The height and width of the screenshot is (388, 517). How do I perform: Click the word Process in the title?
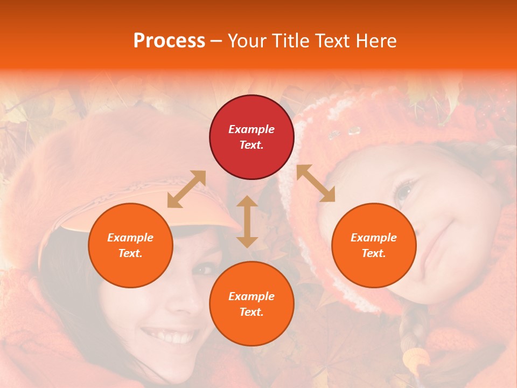pyautogui.click(x=169, y=41)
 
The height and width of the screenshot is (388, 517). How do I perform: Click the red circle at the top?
pyautogui.click(x=251, y=137)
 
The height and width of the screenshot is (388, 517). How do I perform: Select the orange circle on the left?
pyautogui.click(x=130, y=245)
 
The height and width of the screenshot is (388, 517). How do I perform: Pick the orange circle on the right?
pyautogui.click(x=374, y=245)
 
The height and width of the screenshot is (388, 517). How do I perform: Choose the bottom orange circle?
pyautogui.click(x=251, y=303)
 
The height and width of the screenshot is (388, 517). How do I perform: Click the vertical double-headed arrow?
pyautogui.click(x=247, y=221)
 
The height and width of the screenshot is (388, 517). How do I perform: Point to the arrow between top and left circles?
pyautogui.click(x=186, y=189)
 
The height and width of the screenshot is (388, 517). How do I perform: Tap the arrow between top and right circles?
pyautogui.click(x=316, y=183)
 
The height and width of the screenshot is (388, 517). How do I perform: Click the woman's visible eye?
pyautogui.click(x=204, y=268)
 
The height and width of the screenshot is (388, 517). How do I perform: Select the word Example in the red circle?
pyautogui.click(x=251, y=129)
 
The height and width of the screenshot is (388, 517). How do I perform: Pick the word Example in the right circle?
pyautogui.click(x=374, y=238)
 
